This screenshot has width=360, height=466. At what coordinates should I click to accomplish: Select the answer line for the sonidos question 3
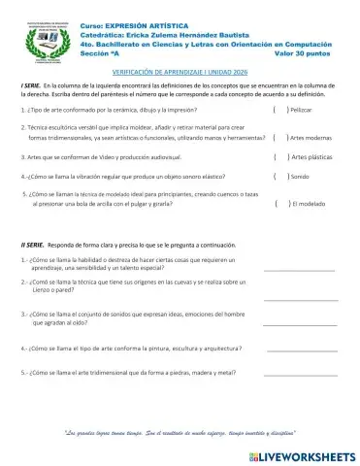click(x=300, y=322)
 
